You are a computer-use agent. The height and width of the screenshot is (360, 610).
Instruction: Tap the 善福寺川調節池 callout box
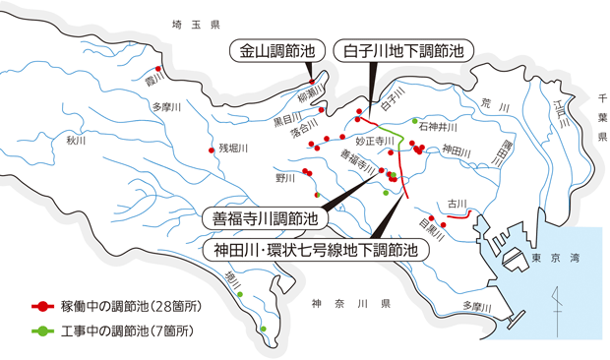tap(261, 216)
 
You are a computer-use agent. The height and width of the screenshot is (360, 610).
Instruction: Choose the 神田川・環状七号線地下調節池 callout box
tap(317, 250)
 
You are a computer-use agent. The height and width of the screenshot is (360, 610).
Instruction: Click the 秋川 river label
tap(77, 140)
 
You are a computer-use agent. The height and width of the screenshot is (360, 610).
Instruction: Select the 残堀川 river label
tap(233, 149)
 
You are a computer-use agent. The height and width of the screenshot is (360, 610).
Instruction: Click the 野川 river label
tap(285, 178)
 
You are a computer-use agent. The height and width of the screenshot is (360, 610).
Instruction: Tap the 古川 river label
tap(456, 204)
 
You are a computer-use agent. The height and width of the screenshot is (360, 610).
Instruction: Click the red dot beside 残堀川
tap(211, 150)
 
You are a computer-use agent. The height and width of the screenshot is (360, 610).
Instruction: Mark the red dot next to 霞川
tap(157, 69)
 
